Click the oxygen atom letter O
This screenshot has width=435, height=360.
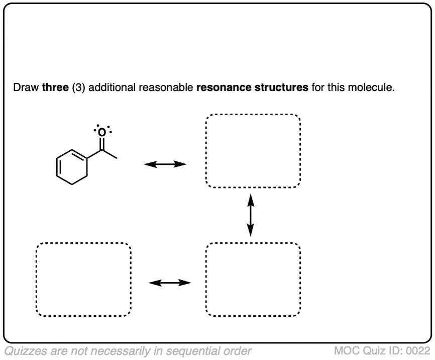102,132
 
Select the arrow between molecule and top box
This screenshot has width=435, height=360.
165,164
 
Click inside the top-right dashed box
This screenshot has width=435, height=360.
253,151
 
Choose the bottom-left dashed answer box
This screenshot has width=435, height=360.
83,280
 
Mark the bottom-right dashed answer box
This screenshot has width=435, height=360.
253,280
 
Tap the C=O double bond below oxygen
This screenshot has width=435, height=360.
102,143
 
